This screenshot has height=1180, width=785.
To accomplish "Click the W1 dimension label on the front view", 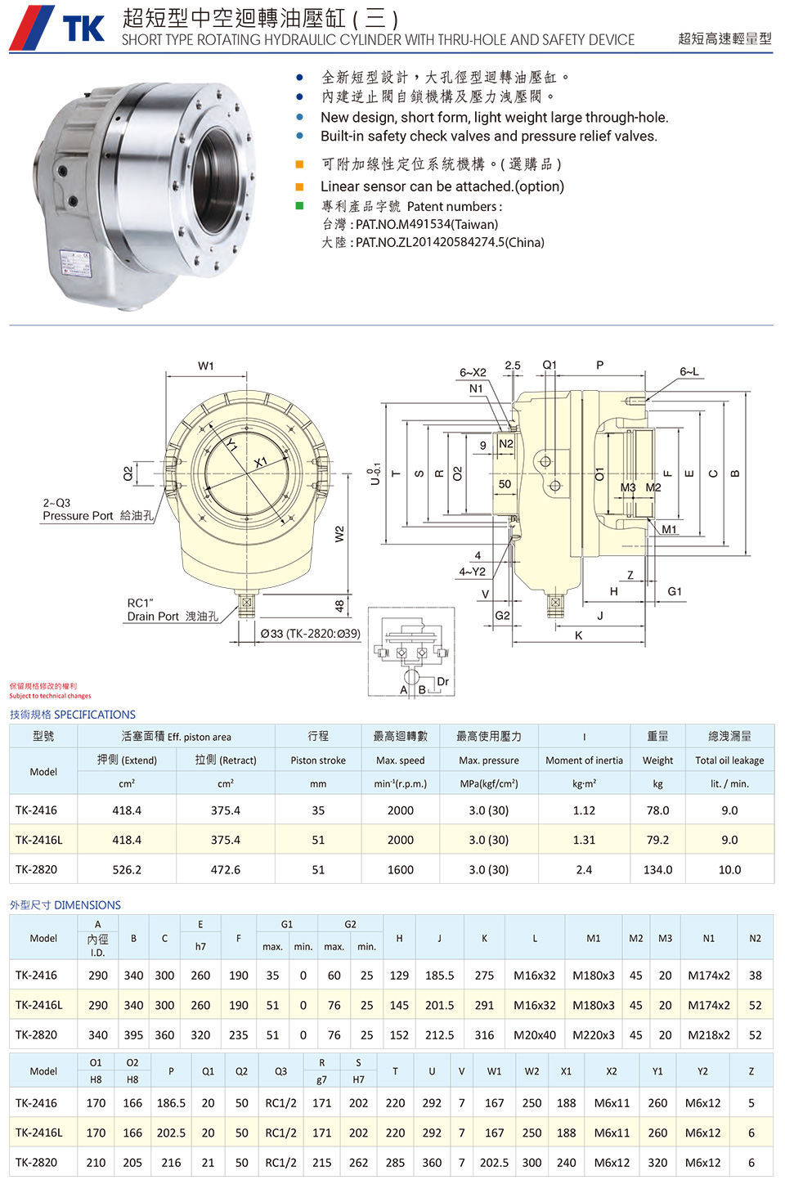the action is coord(206,366).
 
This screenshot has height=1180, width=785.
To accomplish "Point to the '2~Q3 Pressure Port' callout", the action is coord(97,509).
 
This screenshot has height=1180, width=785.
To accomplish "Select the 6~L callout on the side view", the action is coord(689,371).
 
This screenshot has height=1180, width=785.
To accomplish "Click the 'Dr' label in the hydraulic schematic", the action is coord(442,681).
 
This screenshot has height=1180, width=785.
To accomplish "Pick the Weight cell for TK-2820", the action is coord(657,870).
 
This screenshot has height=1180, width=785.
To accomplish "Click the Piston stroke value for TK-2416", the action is coord(318,810).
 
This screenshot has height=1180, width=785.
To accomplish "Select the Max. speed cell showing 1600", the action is coord(401,870).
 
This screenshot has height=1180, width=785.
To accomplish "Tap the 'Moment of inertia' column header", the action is coord(584,760).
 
